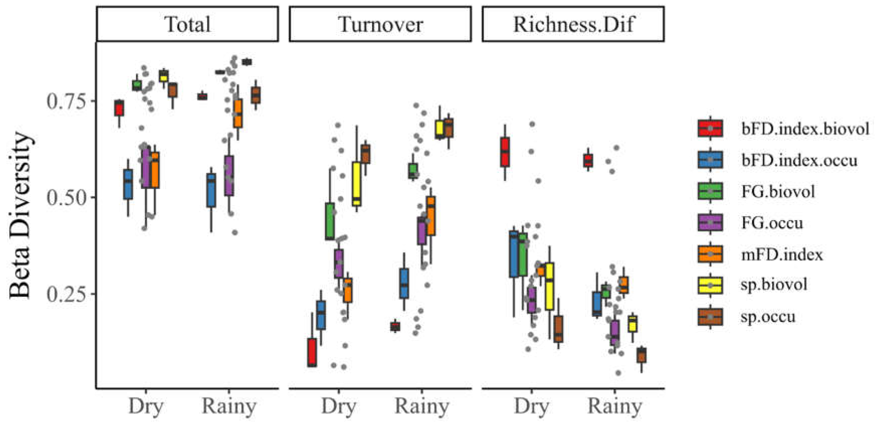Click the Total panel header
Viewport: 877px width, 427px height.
point(188,24)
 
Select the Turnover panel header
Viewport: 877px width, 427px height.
point(380,24)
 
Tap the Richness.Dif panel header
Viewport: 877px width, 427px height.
point(573,24)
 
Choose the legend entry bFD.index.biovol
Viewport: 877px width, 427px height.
point(783,128)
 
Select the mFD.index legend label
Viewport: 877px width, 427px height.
point(782,255)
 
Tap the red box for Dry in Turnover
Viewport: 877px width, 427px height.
point(312,352)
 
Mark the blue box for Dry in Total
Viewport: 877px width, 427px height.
point(128,184)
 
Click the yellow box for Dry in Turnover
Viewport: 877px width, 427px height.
point(356,184)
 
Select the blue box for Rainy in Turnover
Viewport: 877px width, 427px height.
point(404,284)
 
